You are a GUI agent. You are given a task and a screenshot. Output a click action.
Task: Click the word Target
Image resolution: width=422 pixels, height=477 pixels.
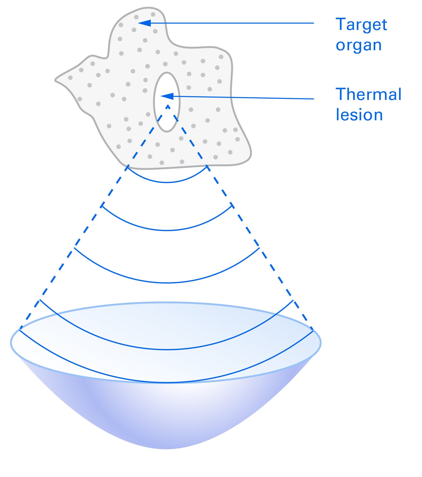pyautogui.click(x=361, y=25)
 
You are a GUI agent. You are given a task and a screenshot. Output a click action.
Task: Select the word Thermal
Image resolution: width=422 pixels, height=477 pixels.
pyautogui.click(x=368, y=94)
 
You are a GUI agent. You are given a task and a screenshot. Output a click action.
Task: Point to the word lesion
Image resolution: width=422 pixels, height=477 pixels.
pyautogui.click(x=359, y=115)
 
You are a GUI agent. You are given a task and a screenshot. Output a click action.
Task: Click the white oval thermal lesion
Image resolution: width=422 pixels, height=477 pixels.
pyautogui.click(x=167, y=116)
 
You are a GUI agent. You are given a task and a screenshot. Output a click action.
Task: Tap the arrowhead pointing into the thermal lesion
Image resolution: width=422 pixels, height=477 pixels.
pyautogui.click(x=167, y=96)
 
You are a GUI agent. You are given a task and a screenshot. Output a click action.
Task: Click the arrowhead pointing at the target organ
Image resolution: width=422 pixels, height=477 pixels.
pyautogui.click(x=145, y=23)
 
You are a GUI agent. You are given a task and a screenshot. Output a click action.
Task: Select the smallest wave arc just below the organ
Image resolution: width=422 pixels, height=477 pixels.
pyautogui.click(x=167, y=182)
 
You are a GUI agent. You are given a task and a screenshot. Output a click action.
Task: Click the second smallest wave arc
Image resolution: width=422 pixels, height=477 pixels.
pyautogui.click(x=167, y=230)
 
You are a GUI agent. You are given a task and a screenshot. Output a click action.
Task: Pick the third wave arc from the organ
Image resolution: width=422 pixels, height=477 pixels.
pyautogui.click(x=167, y=282)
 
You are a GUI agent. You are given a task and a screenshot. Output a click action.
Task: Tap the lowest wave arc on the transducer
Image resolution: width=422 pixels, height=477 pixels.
pyautogui.click(x=167, y=382)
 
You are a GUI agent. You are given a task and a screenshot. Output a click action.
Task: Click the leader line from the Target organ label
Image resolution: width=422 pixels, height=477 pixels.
pyautogui.click(x=232, y=23)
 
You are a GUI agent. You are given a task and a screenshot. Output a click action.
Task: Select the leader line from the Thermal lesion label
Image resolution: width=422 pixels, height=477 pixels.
pyautogui.click(x=244, y=98)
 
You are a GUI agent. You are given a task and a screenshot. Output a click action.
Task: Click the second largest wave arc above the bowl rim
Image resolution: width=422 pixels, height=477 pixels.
pyautogui.click(x=167, y=349)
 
